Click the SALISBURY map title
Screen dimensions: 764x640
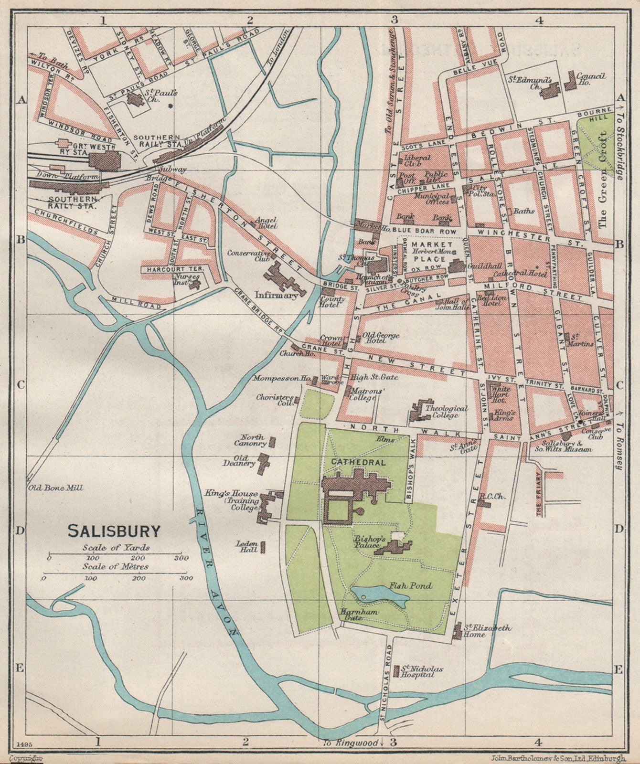pyautogui.click(x=114, y=530)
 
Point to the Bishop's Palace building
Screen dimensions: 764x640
pyautogui.click(x=394, y=545)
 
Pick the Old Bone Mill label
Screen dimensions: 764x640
pyautogui.click(x=56, y=488)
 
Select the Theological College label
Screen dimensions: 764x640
pyautogui.click(x=446, y=411)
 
